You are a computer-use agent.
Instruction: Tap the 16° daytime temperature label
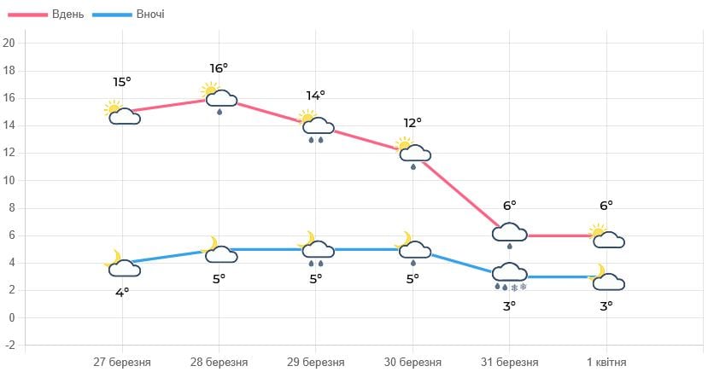219,68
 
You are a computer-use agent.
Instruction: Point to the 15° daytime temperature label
122,82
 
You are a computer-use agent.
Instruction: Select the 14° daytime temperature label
316,96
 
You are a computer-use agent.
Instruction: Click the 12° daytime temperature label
413,123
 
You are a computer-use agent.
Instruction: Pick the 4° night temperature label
122,292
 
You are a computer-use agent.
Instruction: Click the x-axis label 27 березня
122,361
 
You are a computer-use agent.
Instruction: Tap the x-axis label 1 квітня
606,361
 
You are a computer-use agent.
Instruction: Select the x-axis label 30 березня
413,361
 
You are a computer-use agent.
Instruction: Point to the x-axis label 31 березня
509,361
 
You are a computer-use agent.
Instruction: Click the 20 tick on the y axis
9,44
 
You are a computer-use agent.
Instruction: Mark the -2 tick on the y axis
9,346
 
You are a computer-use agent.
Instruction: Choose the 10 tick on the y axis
9,181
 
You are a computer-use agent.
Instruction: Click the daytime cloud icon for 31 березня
510,234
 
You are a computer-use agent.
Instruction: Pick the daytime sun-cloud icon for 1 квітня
606,236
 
